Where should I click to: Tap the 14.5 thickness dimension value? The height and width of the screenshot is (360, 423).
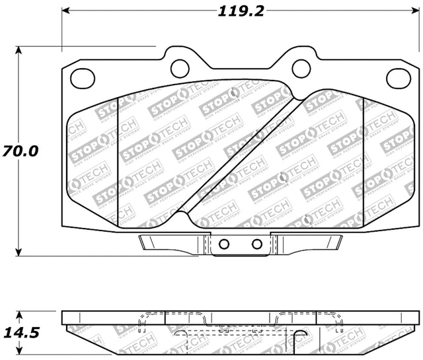coord(20,332)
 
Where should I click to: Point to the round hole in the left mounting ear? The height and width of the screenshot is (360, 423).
coord(179,67)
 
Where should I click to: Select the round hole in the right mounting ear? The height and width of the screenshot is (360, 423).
coord(301,67)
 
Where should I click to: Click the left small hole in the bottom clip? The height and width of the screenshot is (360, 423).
coord(224,244)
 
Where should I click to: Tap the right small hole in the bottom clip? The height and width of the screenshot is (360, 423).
coord(257,244)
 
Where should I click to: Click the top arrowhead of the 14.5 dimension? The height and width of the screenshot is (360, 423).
coord(20,314)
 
